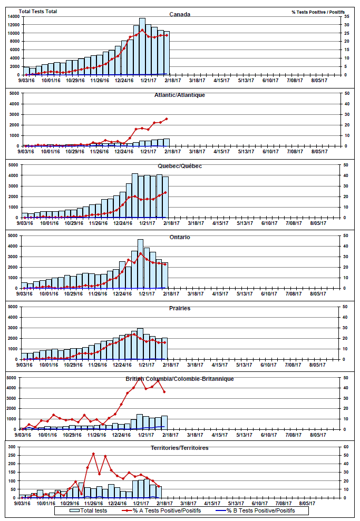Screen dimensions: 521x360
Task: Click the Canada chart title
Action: (x=180, y=14)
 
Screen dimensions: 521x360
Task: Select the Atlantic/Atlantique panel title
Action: (x=180, y=95)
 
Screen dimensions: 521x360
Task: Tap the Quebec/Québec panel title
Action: (x=180, y=166)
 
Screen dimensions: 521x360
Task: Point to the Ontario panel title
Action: (x=180, y=237)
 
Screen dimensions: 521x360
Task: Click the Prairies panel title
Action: (x=180, y=308)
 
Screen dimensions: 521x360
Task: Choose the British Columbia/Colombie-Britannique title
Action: (x=180, y=379)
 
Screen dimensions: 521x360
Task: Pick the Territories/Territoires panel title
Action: (x=180, y=448)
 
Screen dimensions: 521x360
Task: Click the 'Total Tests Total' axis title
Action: (x=38, y=11)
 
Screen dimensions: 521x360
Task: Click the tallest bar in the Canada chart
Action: (x=142, y=46)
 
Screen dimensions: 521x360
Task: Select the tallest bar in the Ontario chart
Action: (x=140, y=263)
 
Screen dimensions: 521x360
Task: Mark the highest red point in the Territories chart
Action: (x=93, y=454)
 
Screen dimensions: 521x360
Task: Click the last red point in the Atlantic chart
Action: (x=167, y=119)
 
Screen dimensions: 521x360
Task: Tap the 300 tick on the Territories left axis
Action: (x=14, y=447)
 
